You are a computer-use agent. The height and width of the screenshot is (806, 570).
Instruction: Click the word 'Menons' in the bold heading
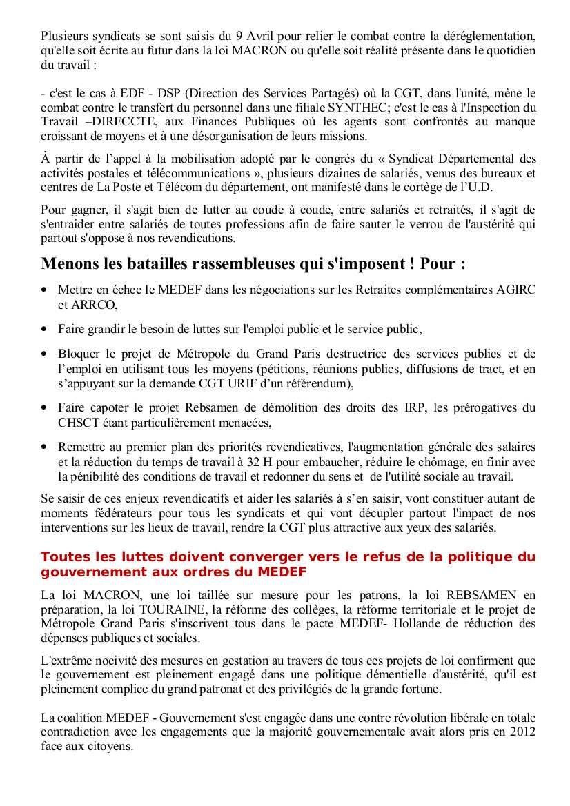point(68,264)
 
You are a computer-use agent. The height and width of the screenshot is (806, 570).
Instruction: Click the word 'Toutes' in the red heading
point(64,556)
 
